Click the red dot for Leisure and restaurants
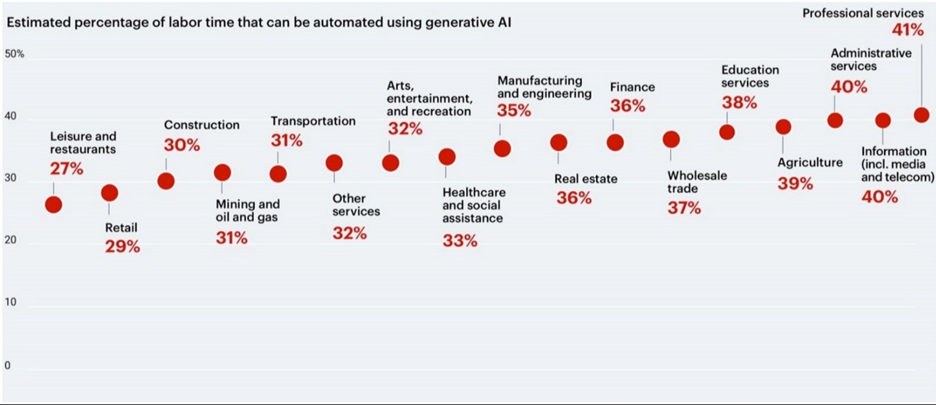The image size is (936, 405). tap(53, 204)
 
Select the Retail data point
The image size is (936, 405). tap(110, 192)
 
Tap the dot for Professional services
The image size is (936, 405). tap(922, 115)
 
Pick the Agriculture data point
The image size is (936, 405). tap(783, 127)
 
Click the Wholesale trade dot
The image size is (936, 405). tap(671, 139)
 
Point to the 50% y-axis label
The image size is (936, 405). tap(14, 54)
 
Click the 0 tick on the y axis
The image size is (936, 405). tap(8, 366)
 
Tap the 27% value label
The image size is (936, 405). tap(66, 169)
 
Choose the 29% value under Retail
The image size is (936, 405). tap(122, 247)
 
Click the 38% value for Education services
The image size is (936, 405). tap(739, 102)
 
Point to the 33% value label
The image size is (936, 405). tap(460, 241)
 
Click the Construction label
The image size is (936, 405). tap(202, 125)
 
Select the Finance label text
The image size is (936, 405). tap(633, 87)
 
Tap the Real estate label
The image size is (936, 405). tap(586, 179)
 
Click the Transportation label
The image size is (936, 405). tap(313, 121)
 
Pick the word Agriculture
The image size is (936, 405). tap(810, 163)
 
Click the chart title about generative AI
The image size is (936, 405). tap(259, 23)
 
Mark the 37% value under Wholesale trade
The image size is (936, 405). tap(684, 208)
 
